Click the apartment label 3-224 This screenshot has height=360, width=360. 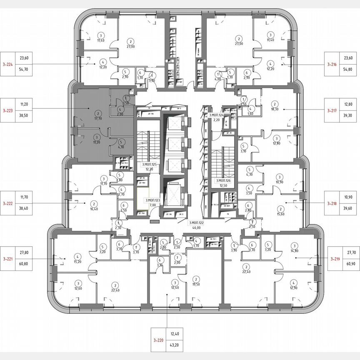pyautogui.click(x=8, y=64)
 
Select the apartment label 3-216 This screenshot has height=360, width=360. pyautogui.click(x=332, y=64)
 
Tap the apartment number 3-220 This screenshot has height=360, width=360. pyautogui.click(x=158, y=341)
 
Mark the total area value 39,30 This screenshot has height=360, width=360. pyautogui.click(x=347, y=117)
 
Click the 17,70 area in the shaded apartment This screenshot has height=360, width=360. pyautogui.click(x=98, y=118)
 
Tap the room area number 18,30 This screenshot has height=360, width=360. pyautogui.click(x=275, y=108)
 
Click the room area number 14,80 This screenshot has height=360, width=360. pyautogui.click(x=295, y=251)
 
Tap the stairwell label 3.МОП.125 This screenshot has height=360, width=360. pyautogui.click(x=149, y=165)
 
